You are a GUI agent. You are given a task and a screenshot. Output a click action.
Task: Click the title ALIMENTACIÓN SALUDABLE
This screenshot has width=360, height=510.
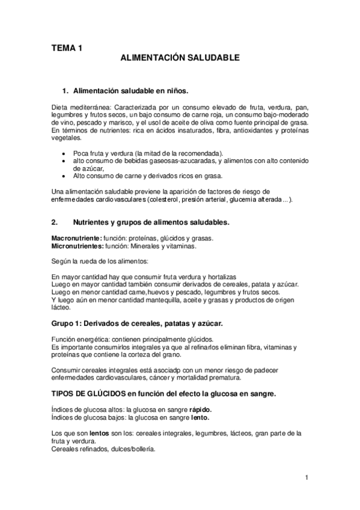[x=180, y=58]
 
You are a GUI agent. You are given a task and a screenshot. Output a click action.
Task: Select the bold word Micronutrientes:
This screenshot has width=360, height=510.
[x=76, y=247]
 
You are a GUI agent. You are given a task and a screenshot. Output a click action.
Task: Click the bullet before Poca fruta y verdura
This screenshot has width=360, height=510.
[x=65, y=153]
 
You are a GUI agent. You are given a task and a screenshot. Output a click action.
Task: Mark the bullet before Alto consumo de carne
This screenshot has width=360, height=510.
[x=65, y=176]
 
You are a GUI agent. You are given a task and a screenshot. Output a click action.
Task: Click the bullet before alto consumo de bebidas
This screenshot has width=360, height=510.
[x=65, y=161]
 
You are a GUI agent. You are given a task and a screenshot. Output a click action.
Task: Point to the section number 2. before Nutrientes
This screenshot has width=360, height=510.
[x=55, y=222]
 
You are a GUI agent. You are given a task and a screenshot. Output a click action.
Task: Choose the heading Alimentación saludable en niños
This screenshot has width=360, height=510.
[x=130, y=91]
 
